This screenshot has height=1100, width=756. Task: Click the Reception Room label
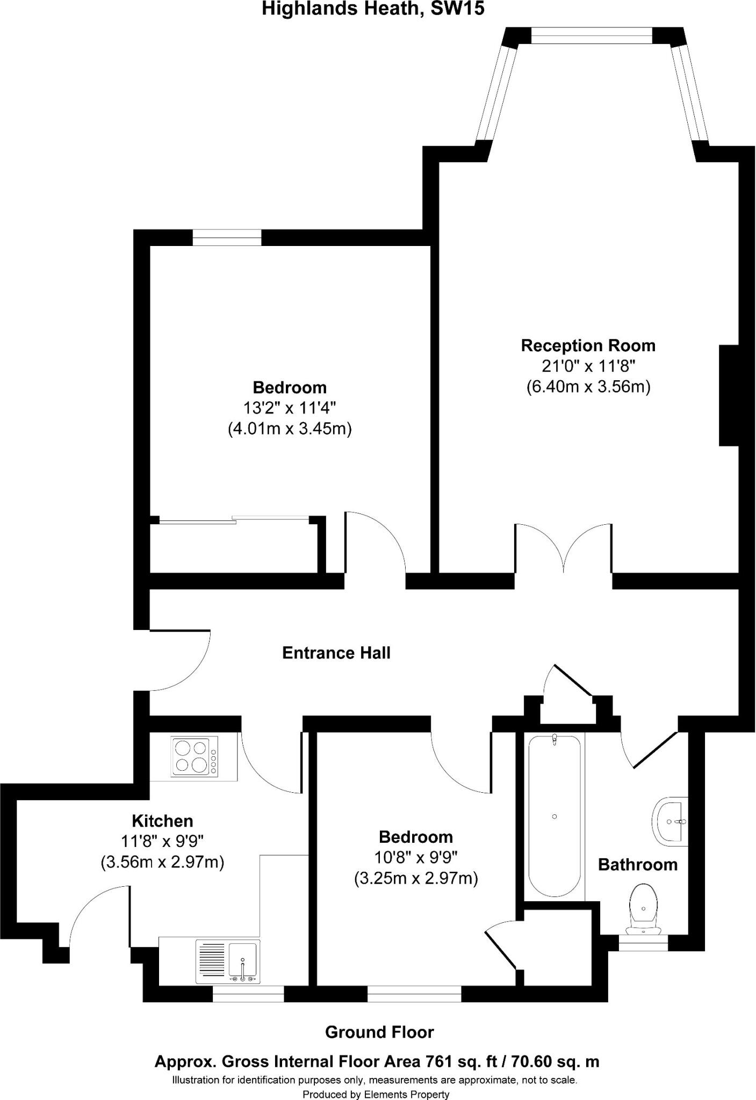point(588,345)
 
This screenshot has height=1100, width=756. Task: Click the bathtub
point(554,816)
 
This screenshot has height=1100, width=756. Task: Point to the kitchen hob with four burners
point(195,756)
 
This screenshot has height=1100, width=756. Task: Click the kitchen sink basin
point(243,960)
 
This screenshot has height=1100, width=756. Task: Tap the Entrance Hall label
point(336,653)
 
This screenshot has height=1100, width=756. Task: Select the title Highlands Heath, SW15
point(373,9)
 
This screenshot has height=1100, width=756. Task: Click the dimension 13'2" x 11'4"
point(290,408)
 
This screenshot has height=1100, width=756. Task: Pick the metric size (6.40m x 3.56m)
point(588,387)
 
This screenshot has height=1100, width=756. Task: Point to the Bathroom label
point(638,865)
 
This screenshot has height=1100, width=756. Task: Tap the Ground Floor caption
point(379,1032)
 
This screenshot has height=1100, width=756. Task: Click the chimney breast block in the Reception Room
point(729,395)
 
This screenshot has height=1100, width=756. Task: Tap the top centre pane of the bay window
point(592,35)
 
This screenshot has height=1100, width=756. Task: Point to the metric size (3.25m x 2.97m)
point(416,879)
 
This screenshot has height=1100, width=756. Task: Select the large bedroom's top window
point(227,237)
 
